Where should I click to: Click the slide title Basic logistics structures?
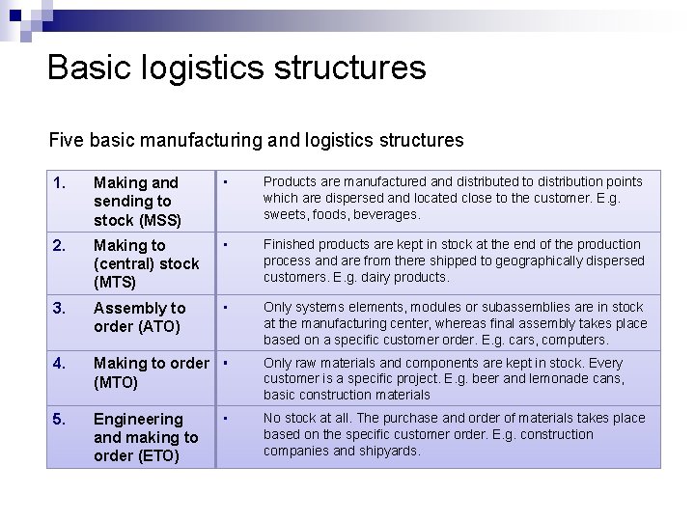[x=236, y=68]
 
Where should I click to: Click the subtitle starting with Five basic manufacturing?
[x=256, y=140]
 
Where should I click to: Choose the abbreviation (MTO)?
[x=117, y=382]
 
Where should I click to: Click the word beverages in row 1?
[x=386, y=213]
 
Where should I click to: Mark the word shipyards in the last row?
[x=389, y=451]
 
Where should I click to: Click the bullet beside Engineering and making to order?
[x=224, y=419]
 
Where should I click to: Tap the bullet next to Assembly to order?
[x=224, y=308]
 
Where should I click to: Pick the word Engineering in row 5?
[x=138, y=419]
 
